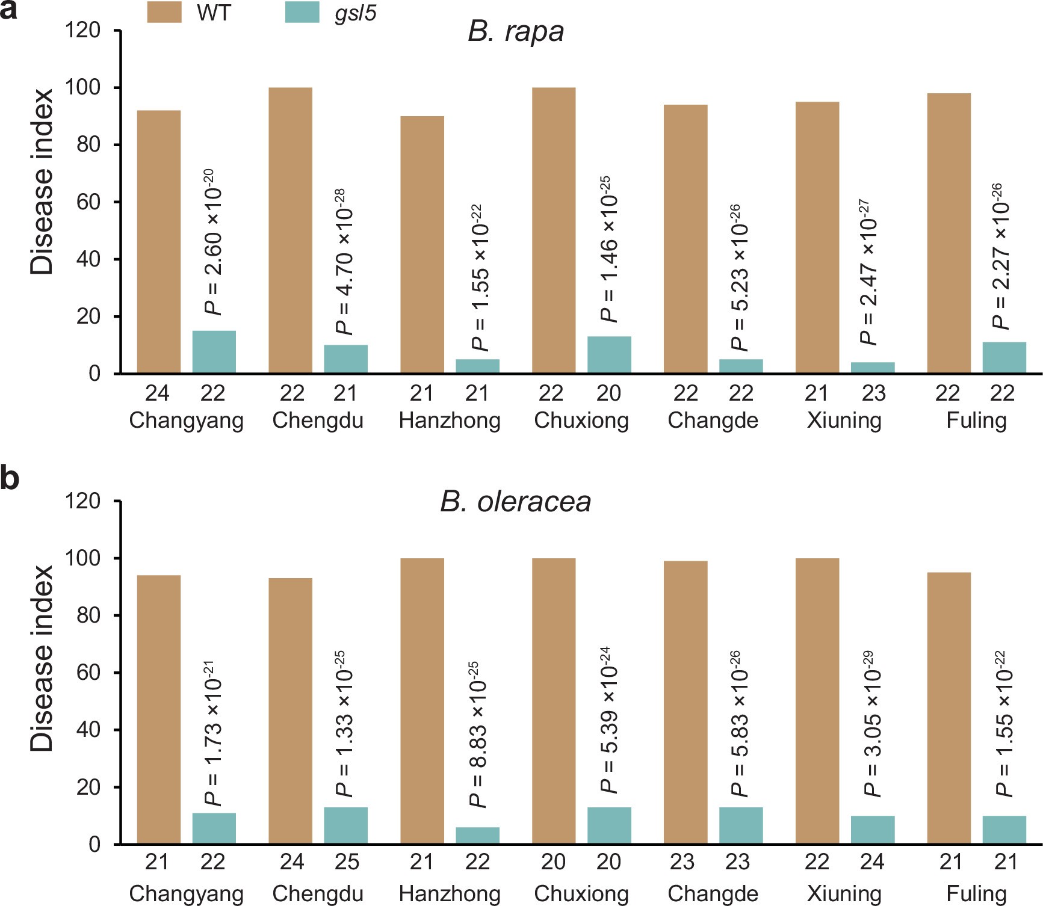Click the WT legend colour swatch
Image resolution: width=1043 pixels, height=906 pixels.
point(164,12)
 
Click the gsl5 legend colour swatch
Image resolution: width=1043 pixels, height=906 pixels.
point(302,12)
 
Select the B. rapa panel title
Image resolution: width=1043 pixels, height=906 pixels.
point(516,31)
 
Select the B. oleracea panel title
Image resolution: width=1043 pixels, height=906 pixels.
point(516,502)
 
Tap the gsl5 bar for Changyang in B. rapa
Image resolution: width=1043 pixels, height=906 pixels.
point(214,352)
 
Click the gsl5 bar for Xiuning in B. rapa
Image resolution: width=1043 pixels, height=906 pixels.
point(872,368)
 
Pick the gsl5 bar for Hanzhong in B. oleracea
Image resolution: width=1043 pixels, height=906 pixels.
point(477,836)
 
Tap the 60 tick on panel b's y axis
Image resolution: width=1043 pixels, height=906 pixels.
point(88,673)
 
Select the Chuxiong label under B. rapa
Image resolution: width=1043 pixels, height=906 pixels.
point(581,420)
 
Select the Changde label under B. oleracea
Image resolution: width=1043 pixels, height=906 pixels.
point(713,893)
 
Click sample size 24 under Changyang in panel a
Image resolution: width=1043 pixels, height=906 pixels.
point(157,393)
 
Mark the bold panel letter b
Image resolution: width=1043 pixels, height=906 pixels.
point(10,479)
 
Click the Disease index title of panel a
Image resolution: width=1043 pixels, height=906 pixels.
point(42,182)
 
